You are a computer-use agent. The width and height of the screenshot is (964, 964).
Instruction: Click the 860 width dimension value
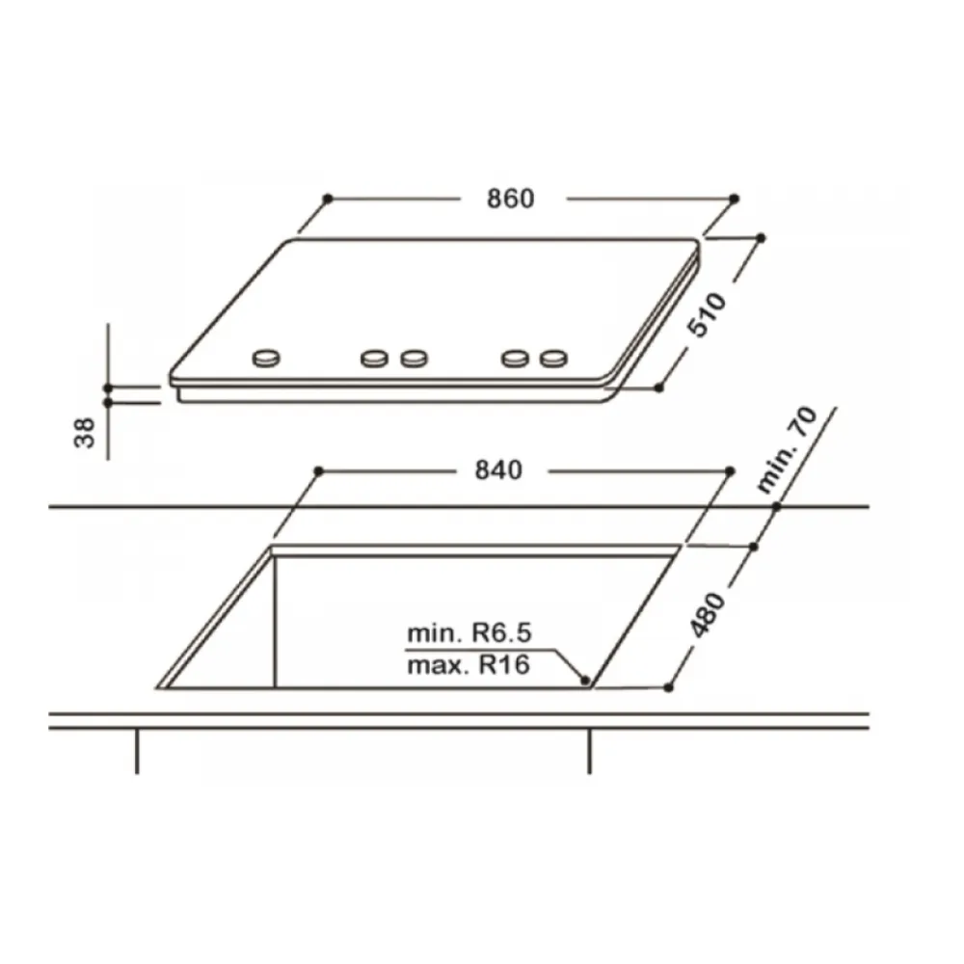(x=510, y=200)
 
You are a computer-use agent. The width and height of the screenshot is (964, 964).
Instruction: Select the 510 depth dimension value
(x=707, y=315)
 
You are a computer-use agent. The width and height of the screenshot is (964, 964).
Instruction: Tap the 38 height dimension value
(x=85, y=433)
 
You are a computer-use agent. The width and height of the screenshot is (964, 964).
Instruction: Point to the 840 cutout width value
(x=498, y=471)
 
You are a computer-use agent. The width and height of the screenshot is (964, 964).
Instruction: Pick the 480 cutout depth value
(x=707, y=615)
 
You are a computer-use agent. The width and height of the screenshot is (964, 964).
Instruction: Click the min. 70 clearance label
(x=787, y=449)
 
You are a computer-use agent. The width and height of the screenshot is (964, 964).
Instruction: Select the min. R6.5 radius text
(x=469, y=632)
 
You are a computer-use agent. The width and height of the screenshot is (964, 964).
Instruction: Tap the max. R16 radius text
(x=469, y=665)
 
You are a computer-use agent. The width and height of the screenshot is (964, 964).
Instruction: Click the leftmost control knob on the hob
(x=266, y=358)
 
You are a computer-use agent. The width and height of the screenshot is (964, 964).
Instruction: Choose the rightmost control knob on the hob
(x=554, y=358)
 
